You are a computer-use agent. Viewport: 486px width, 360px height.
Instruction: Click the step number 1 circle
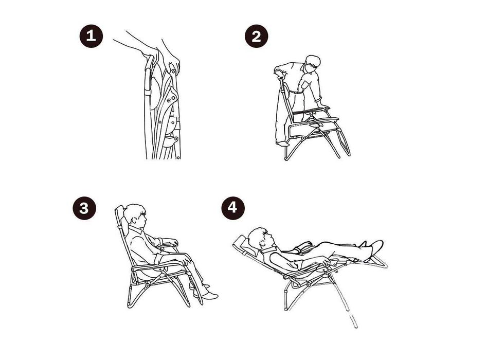point(91,36)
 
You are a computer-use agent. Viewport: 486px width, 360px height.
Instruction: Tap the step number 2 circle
point(256,37)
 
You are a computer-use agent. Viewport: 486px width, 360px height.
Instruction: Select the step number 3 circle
point(84,208)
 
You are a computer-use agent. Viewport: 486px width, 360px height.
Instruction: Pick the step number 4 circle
point(233,208)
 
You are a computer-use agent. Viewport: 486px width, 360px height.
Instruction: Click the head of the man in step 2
point(313,64)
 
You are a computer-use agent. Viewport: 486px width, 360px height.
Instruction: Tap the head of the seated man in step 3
point(135,214)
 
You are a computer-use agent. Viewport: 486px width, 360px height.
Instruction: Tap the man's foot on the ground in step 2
point(282,144)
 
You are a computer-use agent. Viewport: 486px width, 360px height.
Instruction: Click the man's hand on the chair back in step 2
point(280,75)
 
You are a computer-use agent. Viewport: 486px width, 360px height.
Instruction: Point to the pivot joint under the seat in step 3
point(148,284)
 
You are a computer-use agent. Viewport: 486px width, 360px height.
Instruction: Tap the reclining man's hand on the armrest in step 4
point(326,262)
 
